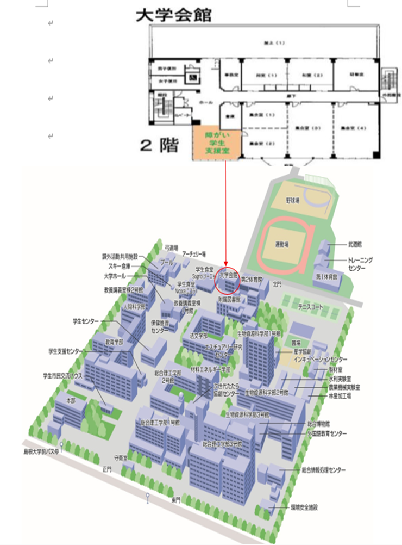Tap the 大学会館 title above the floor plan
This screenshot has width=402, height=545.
[x=173, y=15]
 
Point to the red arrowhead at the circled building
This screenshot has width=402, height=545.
[x=226, y=266]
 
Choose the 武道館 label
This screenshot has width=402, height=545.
[x=356, y=246]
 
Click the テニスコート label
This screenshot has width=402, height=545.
[x=310, y=308]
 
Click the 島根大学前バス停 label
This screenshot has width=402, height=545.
[x=41, y=451]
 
